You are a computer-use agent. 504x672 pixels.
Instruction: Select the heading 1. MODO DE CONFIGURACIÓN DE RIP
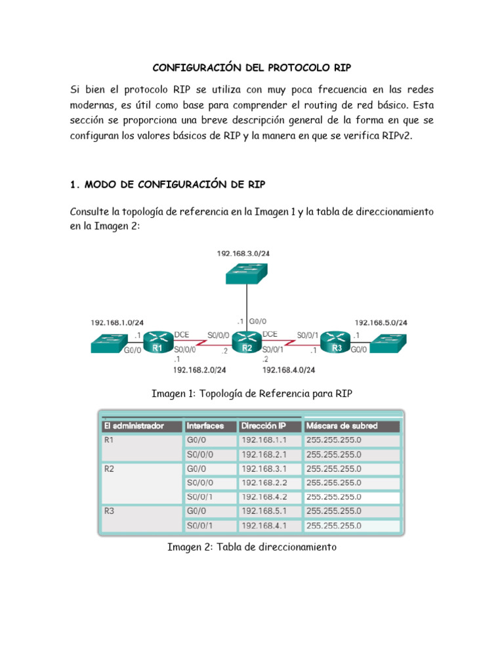[167, 184]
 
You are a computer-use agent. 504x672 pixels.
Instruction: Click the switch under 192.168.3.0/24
[246, 274]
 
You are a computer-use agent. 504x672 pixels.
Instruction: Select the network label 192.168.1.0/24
[117, 323]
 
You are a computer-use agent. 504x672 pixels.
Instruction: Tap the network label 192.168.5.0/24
[381, 323]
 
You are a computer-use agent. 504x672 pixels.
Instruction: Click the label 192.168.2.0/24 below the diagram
[199, 370]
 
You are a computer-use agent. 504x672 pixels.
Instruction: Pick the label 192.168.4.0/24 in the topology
[289, 370]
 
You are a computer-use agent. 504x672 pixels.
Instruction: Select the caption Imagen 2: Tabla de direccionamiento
[252, 547]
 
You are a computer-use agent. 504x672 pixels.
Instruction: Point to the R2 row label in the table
[110, 469]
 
